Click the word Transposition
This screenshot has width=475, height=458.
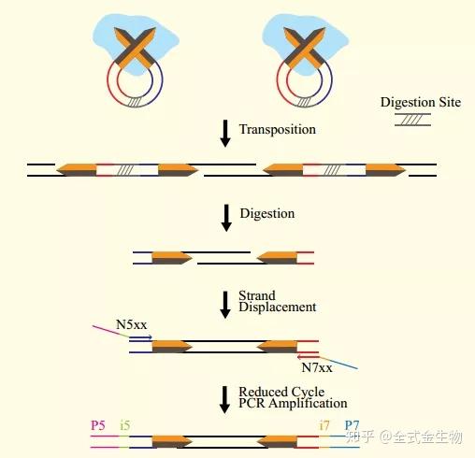(278, 130)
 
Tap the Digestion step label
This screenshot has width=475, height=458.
(267, 214)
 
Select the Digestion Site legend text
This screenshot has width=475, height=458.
(421, 103)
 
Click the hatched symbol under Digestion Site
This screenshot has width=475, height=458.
(413, 120)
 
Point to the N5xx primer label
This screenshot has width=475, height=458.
(131, 324)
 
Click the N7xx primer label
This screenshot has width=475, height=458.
(317, 367)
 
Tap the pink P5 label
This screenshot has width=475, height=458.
(98, 425)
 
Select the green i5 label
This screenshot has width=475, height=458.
(125, 425)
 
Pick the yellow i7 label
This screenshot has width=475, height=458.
(324, 425)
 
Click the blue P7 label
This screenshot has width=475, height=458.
(352, 425)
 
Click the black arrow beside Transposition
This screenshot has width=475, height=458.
(225, 134)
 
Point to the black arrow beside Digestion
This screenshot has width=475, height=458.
(226, 218)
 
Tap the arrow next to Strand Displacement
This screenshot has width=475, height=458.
(225, 305)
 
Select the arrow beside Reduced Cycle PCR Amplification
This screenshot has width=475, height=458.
(224, 400)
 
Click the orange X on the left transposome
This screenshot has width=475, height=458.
(135, 49)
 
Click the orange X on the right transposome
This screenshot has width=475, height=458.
(305, 49)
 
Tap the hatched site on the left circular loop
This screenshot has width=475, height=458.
(135, 102)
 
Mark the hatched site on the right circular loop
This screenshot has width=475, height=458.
(304, 102)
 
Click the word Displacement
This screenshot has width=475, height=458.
(278, 308)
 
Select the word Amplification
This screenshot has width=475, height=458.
(308, 404)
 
